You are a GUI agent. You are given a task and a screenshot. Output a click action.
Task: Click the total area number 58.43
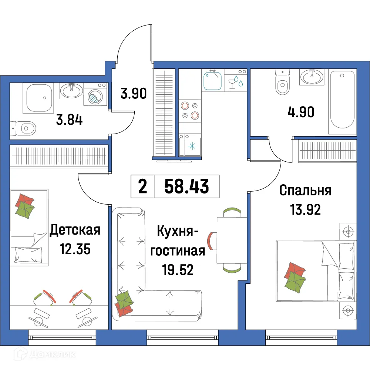pos(187,186)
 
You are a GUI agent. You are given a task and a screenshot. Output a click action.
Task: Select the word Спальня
pos(305,191)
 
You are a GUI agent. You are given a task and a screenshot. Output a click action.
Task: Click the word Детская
pos(75,230)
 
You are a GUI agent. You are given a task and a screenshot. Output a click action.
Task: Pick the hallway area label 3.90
pos(134,93)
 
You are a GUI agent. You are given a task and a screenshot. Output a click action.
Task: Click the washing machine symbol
pos(96,97)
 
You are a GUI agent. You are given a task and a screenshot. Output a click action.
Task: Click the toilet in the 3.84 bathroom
pos(24,128)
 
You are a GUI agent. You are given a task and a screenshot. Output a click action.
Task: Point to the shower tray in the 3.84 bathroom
pos(38,98)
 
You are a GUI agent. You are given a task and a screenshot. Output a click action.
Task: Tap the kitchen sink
pos(212,80)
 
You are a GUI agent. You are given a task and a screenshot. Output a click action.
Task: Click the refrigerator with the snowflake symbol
pos(190,145)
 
